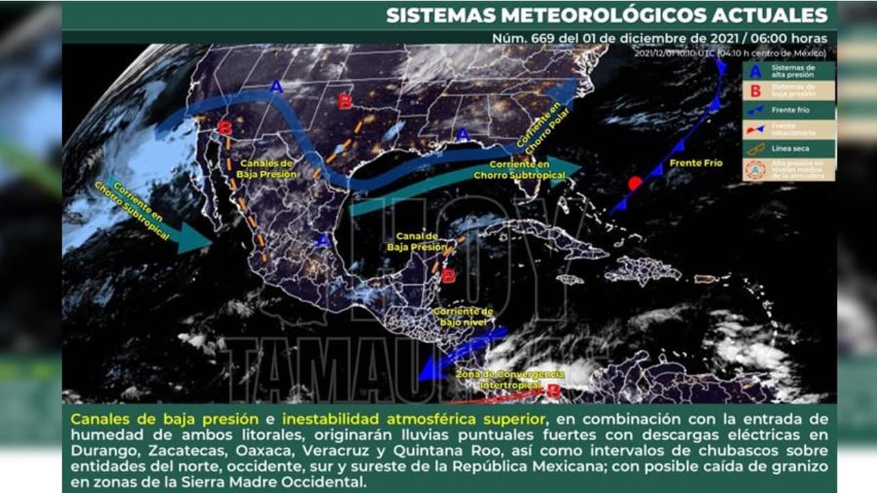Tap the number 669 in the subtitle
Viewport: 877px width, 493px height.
coord(543,38)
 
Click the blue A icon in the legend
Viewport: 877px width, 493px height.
coord(755,70)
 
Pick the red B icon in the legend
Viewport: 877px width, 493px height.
coord(755,90)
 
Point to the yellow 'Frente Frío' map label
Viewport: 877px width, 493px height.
coord(696,163)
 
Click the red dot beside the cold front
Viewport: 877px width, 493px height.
coord(635,184)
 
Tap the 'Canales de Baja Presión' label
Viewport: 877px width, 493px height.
coord(267,168)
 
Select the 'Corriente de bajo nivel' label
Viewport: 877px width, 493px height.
coord(464,316)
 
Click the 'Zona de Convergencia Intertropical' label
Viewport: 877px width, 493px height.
coord(510,379)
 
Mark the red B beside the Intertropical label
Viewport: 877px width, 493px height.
coord(554,392)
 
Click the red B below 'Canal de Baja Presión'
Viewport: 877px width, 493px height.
coord(448,276)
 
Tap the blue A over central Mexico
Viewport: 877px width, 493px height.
coord(324,240)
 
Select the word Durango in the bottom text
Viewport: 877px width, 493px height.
coord(95,451)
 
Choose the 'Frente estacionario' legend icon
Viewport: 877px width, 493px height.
coord(755,129)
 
